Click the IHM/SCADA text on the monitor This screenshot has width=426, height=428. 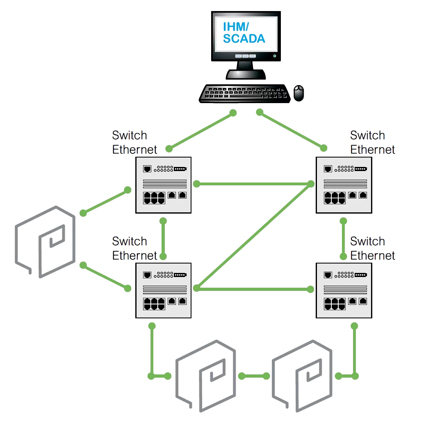pyautogui.click(x=244, y=33)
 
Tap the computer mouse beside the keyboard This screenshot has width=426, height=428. pyautogui.click(x=299, y=93)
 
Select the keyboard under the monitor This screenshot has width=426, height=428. pyautogui.click(x=245, y=94)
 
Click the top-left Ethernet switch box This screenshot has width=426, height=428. pyautogui.click(x=164, y=185)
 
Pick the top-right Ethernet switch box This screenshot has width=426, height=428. pyautogui.click(x=344, y=185)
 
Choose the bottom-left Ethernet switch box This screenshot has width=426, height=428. pyautogui.click(x=164, y=290)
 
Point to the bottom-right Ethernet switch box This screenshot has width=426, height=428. pyautogui.click(x=344, y=290)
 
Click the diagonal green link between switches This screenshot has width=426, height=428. pyautogui.click(x=252, y=237)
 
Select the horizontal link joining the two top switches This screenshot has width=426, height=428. pyautogui.click(x=252, y=184)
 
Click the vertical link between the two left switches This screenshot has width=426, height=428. pyautogui.click(x=163, y=239)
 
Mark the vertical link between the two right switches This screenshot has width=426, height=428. pyautogui.click(x=344, y=239)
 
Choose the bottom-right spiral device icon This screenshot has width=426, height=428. pyautogui.click(x=303, y=375)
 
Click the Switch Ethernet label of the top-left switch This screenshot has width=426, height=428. pyautogui.click(x=134, y=142)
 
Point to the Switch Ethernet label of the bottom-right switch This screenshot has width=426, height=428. pyautogui.click(x=372, y=248)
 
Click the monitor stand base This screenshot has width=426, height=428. pyautogui.click(x=246, y=74)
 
